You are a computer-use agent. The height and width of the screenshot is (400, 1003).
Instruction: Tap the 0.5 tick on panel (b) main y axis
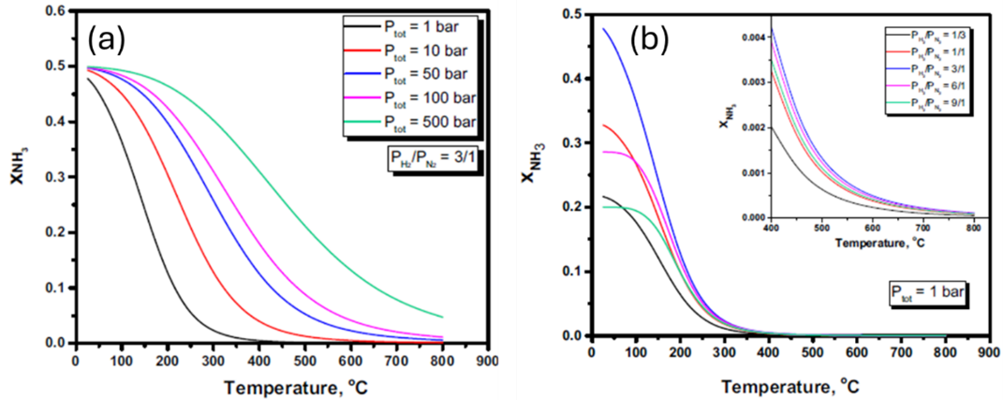point(568,13)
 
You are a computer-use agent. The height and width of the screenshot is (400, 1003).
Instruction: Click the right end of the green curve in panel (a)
point(442,317)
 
